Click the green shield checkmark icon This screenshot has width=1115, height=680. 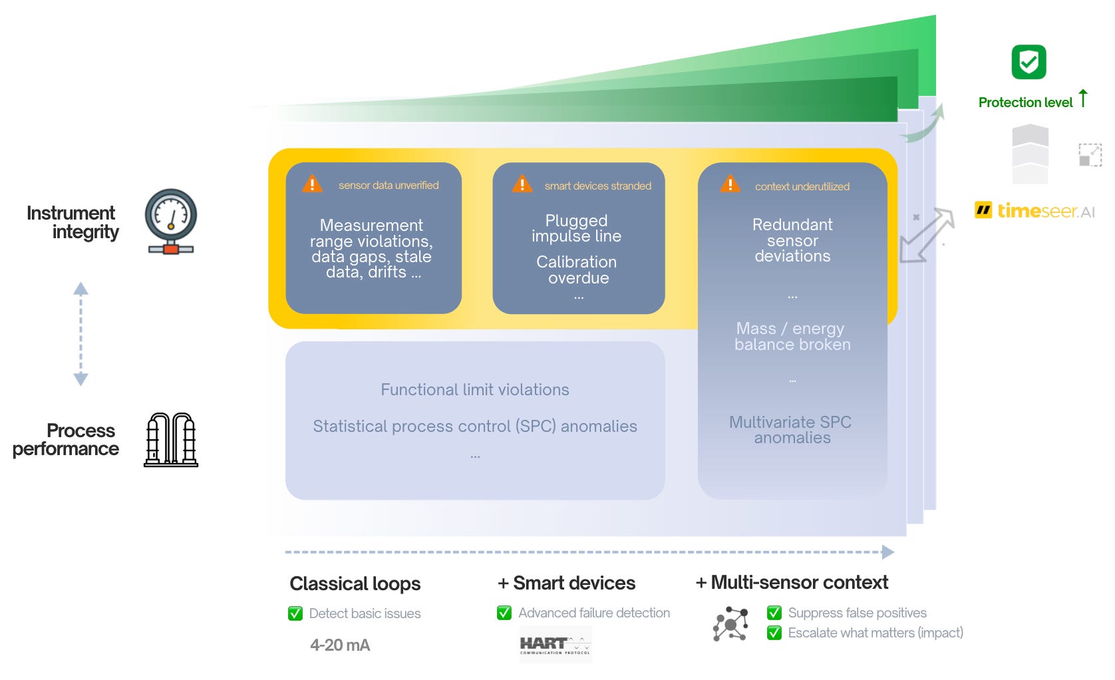click(1029, 63)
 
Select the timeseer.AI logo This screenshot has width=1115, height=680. click(1035, 211)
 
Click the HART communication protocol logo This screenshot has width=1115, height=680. click(555, 645)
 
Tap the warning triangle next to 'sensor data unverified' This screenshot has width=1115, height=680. click(312, 184)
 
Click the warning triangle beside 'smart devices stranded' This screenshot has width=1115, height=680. click(522, 184)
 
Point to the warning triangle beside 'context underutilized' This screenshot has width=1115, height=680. click(730, 184)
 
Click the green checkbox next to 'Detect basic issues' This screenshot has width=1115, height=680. click(295, 613)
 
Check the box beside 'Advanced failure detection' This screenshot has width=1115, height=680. click(504, 613)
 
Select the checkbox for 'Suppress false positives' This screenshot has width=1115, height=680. click(774, 613)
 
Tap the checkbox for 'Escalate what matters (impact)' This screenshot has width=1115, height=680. click(774, 633)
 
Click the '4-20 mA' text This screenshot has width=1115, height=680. click(340, 645)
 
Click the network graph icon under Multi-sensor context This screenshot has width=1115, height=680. click(730, 624)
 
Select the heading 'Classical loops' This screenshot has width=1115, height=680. click(355, 584)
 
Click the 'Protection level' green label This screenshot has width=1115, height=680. click(1025, 102)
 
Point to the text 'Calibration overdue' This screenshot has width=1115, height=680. click(577, 269)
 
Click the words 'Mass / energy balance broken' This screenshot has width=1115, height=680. click(792, 337)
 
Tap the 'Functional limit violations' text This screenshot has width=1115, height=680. click(475, 390)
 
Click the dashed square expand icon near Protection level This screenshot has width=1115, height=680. click(1090, 155)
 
